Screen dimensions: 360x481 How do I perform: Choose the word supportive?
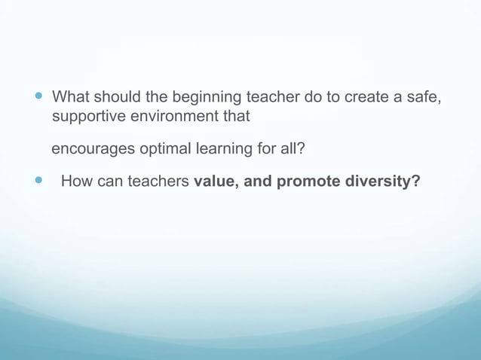87,117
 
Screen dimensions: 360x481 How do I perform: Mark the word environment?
171,117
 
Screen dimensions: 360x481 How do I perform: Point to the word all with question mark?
293,149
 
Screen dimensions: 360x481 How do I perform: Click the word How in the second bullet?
76,182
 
